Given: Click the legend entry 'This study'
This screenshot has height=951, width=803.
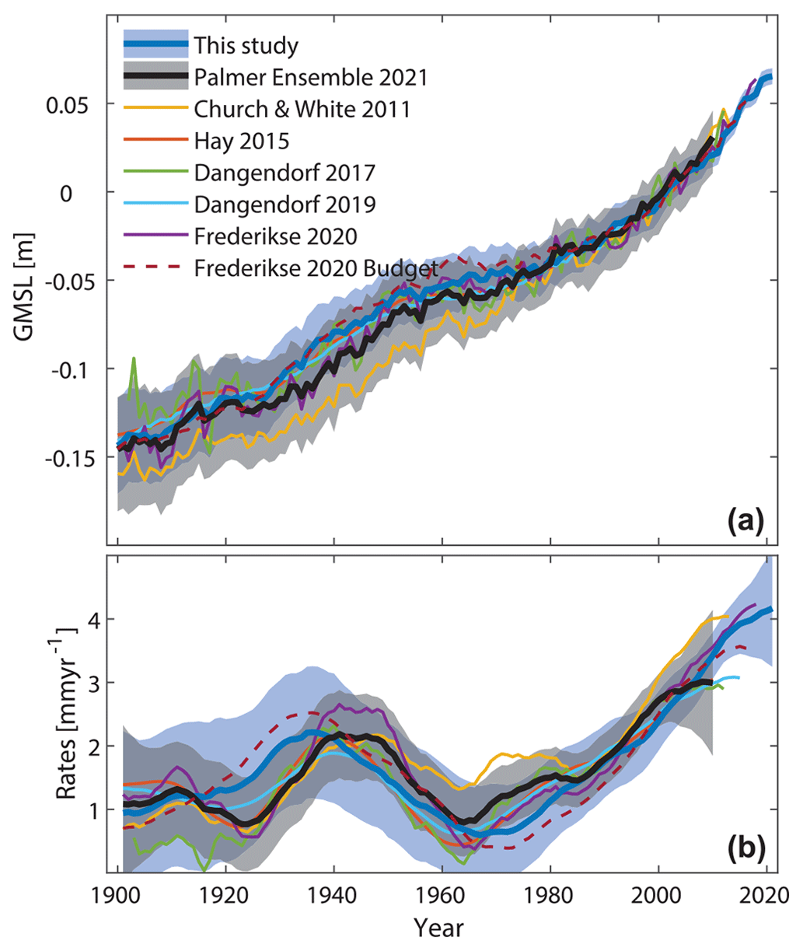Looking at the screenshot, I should coord(246,45).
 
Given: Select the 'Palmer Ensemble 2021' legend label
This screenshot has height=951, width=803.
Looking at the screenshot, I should coord(311,77).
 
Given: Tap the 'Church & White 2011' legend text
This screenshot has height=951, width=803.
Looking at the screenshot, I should coord(302,109).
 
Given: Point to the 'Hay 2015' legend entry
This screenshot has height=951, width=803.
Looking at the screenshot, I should coord(242,141).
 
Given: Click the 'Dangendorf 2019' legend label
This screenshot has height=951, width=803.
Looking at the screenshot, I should coord(285,204).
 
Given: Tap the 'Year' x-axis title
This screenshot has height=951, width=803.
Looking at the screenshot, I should coord(438,928).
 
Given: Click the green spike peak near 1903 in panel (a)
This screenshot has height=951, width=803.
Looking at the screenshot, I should coord(134,358).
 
